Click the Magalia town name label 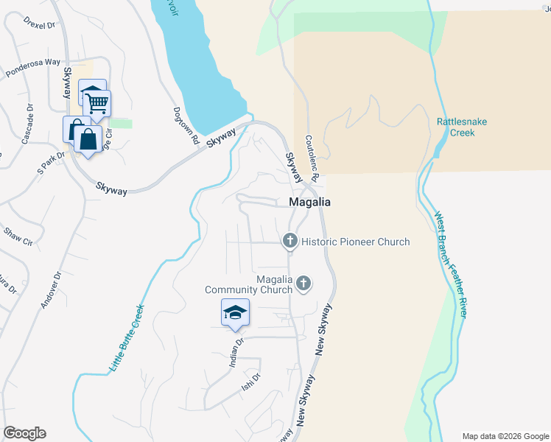click(x=309, y=202)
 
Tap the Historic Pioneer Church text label click(x=356, y=242)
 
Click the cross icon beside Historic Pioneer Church click(x=290, y=241)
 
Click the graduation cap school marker click(x=235, y=313)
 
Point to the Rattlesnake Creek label click(x=462, y=127)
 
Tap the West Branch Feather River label click(x=450, y=265)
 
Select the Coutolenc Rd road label click(x=311, y=158)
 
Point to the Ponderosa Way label click(x=32, y=68)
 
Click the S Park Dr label click(x=52, y=161)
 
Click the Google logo click(x=24, y=433)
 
